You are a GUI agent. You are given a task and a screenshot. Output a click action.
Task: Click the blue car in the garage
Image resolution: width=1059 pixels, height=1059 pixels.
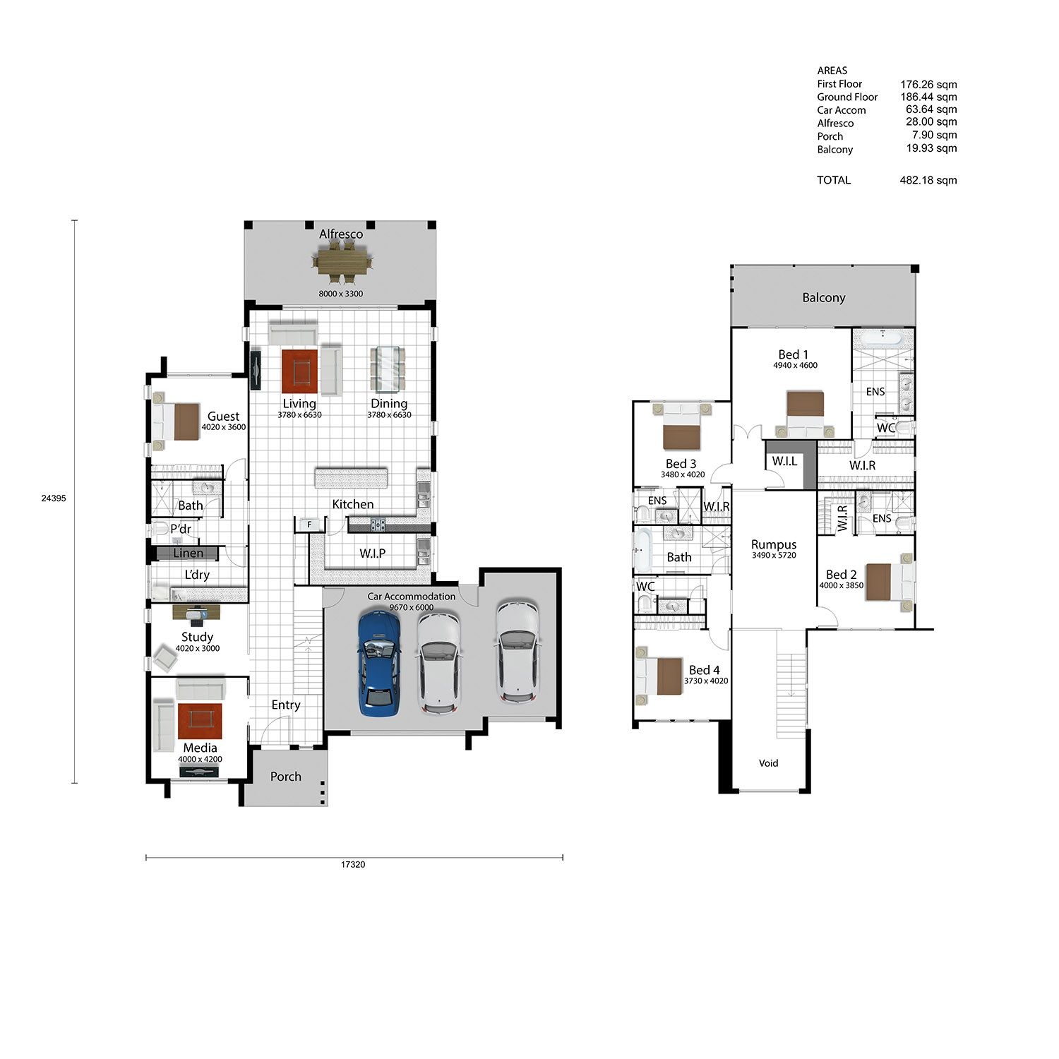[379, 664]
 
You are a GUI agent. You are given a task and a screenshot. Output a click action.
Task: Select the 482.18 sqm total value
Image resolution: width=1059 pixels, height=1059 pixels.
[928, 180]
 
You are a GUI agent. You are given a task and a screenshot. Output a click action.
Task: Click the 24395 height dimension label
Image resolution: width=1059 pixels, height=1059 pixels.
[54, 498]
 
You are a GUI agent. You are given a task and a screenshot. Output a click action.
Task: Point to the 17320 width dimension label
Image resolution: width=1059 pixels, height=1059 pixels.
[353, 864]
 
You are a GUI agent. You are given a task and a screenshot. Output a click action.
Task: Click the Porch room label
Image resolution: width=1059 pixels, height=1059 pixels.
[286, 777]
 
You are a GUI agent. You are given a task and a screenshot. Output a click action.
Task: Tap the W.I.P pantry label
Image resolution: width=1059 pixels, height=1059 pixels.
[372, 554]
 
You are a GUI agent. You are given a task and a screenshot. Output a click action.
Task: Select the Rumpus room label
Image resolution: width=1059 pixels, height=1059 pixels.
[774, 545]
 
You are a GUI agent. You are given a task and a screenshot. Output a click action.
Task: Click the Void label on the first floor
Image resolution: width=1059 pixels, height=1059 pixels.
[768, 762]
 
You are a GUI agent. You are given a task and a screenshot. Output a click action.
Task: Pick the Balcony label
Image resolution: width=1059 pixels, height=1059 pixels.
[824, 298]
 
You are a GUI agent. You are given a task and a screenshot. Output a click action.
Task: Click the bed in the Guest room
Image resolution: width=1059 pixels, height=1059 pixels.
[176, 421]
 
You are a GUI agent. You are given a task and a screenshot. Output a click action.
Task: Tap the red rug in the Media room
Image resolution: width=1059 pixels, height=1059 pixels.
[200, 721]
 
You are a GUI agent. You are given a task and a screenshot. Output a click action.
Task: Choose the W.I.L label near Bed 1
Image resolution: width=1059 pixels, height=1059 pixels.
[784, 461]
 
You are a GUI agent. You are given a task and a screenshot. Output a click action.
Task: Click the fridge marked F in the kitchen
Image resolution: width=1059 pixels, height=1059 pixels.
[309, 524]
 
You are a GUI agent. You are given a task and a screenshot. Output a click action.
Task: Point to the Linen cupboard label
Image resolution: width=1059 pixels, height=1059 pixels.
[188, 554]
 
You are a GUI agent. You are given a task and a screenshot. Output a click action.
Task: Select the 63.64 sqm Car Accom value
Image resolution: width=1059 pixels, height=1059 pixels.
[931, 109]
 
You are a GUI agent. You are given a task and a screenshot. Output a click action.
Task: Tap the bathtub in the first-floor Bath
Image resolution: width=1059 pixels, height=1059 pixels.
[642, 551]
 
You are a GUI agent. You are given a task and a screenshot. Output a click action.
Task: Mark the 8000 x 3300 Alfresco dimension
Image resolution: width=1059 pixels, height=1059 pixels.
[341, 294]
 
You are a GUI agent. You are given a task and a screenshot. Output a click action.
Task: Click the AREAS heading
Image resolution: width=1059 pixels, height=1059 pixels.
[832, 71]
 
